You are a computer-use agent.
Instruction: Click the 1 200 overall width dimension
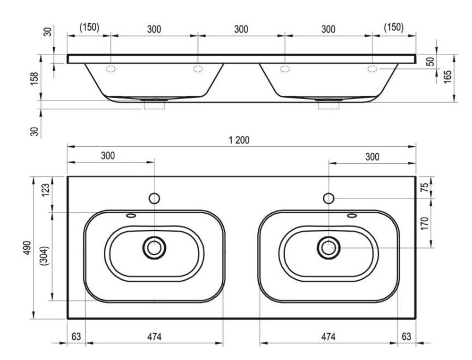click(x=239, y=140)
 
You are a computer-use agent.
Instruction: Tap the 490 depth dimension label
click(x=27, y=248)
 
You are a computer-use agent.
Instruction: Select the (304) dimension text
click(x=45, y=256)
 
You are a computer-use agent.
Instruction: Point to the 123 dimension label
click(x=45, y=190)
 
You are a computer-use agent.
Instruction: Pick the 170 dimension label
click(x=424, y=223)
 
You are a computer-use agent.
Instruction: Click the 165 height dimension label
click(x=447, y=77)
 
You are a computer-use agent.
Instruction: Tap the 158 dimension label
click(x=35, y=78)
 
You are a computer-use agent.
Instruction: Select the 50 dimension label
click(x=431, y=61)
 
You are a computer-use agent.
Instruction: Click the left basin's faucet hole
click(x=154, y=198)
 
